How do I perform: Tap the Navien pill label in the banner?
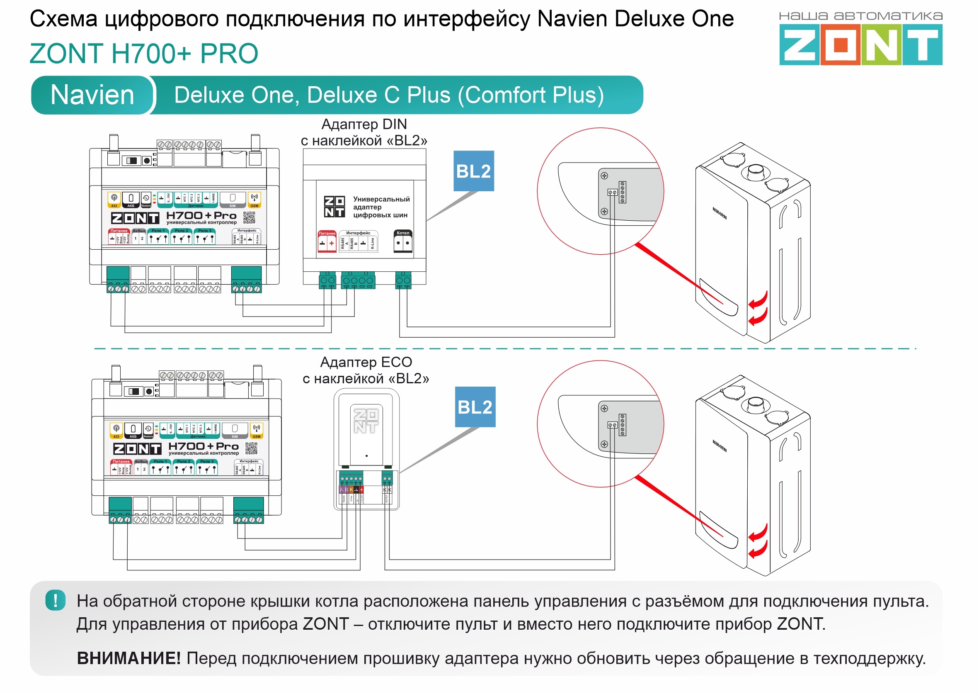point(92,95)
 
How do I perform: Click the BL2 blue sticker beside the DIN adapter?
point(473,171)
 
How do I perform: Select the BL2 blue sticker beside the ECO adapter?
point(475,407)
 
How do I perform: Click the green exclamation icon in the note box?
point(56,600)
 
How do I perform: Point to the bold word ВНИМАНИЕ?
point(128,658)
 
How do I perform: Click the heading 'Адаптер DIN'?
point(364,124)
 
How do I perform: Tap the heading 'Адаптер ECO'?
point(366,363)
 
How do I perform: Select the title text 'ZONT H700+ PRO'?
point(144,54)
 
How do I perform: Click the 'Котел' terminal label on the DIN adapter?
point(403,233)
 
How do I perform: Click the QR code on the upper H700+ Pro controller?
point(250,217)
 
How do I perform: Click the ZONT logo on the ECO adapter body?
point(366,421)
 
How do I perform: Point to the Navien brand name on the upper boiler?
point(720,213)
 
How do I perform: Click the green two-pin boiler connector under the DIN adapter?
point(403,280)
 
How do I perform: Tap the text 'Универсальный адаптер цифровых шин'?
point(381,207)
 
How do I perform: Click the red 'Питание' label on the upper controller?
point(119,231)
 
